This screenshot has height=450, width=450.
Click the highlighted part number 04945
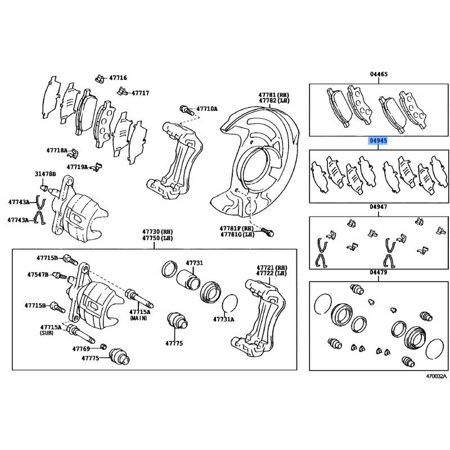click(378, 141)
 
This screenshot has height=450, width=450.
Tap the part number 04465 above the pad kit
click(379, 74)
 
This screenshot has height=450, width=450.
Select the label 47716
click(118, 78)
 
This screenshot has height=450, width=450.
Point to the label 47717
click(140, 93)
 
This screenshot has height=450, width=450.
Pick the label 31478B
click(46, 174)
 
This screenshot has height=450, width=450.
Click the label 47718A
click(57, 150)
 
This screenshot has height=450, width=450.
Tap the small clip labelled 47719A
click(97, 167)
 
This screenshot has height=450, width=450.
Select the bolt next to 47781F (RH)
click(268, 232)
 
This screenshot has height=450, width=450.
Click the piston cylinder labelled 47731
click(188, 280)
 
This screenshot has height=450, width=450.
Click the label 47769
click(81, 349)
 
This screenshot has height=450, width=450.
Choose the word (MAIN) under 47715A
click(138, 318)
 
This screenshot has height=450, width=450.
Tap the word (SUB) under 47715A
click(46, 333)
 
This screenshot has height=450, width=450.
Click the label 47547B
click(38, 274)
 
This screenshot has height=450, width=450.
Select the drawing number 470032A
click(436, 376)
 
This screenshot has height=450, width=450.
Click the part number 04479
click(378, 272)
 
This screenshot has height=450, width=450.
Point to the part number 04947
click(378, 206)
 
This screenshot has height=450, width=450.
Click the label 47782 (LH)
click(274, 101)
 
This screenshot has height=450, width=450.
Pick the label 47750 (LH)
click(157, 238)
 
